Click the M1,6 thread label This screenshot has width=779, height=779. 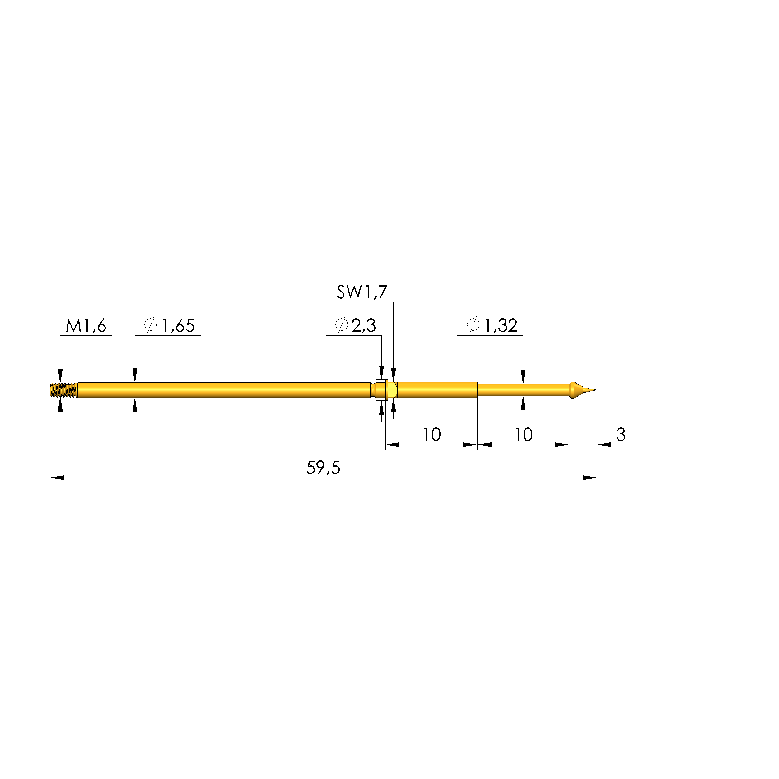[86, 325]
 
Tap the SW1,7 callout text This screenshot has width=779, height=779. [362, 292]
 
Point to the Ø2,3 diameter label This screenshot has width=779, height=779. [355, 325]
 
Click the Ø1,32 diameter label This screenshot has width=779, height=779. [492, 325]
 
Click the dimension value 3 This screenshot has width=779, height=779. [621, 435]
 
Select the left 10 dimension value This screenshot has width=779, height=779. [431, 435]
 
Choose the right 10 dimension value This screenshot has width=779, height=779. [523, 435]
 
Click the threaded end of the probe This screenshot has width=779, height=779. [63, 390]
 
